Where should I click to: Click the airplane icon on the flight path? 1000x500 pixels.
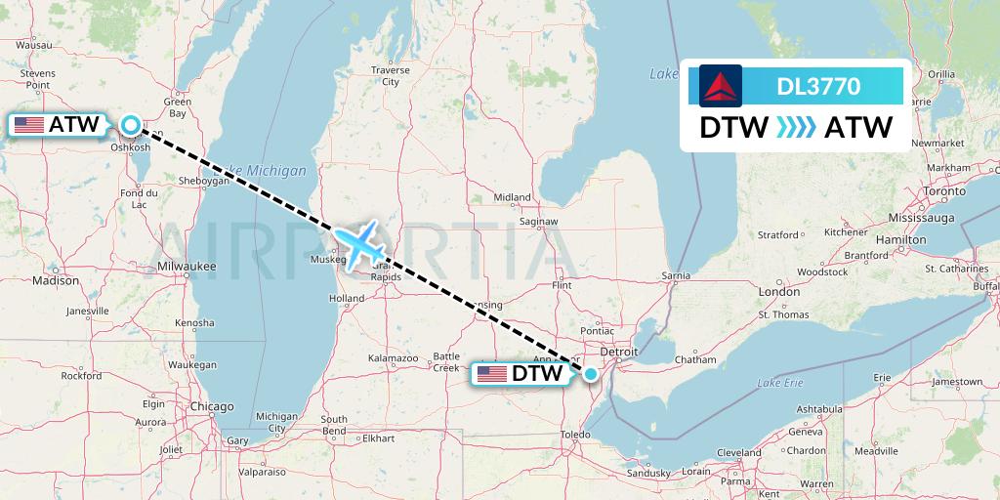click(360, 243)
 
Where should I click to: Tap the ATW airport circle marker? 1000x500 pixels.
click(131, 125)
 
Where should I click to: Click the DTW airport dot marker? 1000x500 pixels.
click(590, 373)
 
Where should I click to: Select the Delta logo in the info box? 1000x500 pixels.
click(721, 86)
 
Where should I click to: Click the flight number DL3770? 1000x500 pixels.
click(818, 86)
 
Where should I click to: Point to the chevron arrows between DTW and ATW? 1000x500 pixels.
click(796, 128)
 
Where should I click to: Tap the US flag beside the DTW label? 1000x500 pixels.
click(492, 373)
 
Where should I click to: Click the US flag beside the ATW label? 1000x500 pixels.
click(29, 125)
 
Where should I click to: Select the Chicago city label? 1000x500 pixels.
click(212, 406)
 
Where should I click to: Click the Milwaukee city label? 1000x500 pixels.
click(187, 266)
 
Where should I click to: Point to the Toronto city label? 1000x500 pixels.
click(944, 191)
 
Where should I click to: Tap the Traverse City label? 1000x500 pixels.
click(391, 76)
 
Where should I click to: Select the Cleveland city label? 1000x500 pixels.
click(738, 453)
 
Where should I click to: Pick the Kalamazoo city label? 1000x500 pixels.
click(393, 359)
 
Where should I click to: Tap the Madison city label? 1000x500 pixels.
click(55, 280)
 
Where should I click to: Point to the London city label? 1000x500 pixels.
click(779, 292)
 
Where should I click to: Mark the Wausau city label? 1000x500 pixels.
click(33, 45)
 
